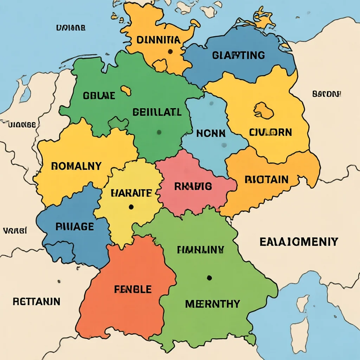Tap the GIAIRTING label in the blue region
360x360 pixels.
(x=238, y=55)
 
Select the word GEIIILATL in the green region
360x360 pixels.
(x=157, y=112)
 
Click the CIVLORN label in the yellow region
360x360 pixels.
(x=270, y=133)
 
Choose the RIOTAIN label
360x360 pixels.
(x=266, y=180)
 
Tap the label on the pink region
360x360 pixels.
(x=193, y=186)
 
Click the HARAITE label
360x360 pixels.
(x=131, y=193)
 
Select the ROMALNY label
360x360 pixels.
(x=76, y=166)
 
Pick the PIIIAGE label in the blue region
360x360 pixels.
(x=75, y=227)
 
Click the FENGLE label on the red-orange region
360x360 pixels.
(x=133, y=289)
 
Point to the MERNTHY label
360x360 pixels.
(x=213, y=303)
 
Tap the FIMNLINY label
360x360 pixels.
(x=200, y=250)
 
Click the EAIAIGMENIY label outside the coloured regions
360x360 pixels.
(x=299, y=242)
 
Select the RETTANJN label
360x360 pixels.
(x=37, y=301)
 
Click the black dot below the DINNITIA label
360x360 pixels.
(x=170, y=52)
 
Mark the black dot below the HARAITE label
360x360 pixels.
(x=131, y=207)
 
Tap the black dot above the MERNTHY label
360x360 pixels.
(x=209, y=278)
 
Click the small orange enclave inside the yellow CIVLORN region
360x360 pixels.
(x=264, y=110)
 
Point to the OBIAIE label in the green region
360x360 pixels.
(x=99, y=95)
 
